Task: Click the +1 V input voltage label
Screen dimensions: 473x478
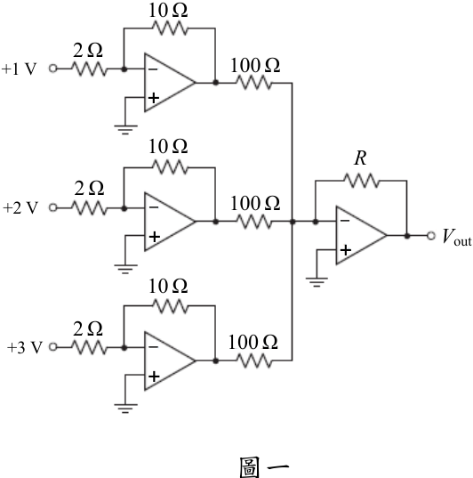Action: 19,69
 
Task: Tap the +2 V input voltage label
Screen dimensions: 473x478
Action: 20,208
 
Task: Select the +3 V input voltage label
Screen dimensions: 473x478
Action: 24,347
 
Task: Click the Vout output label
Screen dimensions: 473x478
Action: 457,237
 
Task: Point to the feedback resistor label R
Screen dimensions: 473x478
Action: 360,158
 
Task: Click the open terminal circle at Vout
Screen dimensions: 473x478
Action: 430,236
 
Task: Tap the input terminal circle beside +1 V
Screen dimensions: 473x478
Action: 53,69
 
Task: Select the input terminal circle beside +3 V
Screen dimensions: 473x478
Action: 53,347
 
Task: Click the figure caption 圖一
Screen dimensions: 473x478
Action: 264,467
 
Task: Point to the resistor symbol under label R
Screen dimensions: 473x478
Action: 362,181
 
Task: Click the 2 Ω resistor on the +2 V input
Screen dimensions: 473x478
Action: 89,208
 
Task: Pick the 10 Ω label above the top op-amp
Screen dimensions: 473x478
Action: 168,11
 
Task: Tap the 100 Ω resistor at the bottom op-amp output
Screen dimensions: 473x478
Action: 254,361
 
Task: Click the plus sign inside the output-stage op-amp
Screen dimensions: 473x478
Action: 345,250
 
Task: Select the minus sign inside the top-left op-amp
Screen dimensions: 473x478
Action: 153,69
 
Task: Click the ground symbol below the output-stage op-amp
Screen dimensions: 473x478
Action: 317,282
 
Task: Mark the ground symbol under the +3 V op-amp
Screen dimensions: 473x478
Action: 125,409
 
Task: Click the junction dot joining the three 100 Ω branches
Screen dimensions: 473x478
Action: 293,222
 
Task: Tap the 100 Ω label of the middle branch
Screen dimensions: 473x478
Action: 255,203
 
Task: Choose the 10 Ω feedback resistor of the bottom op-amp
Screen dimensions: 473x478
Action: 170,306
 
